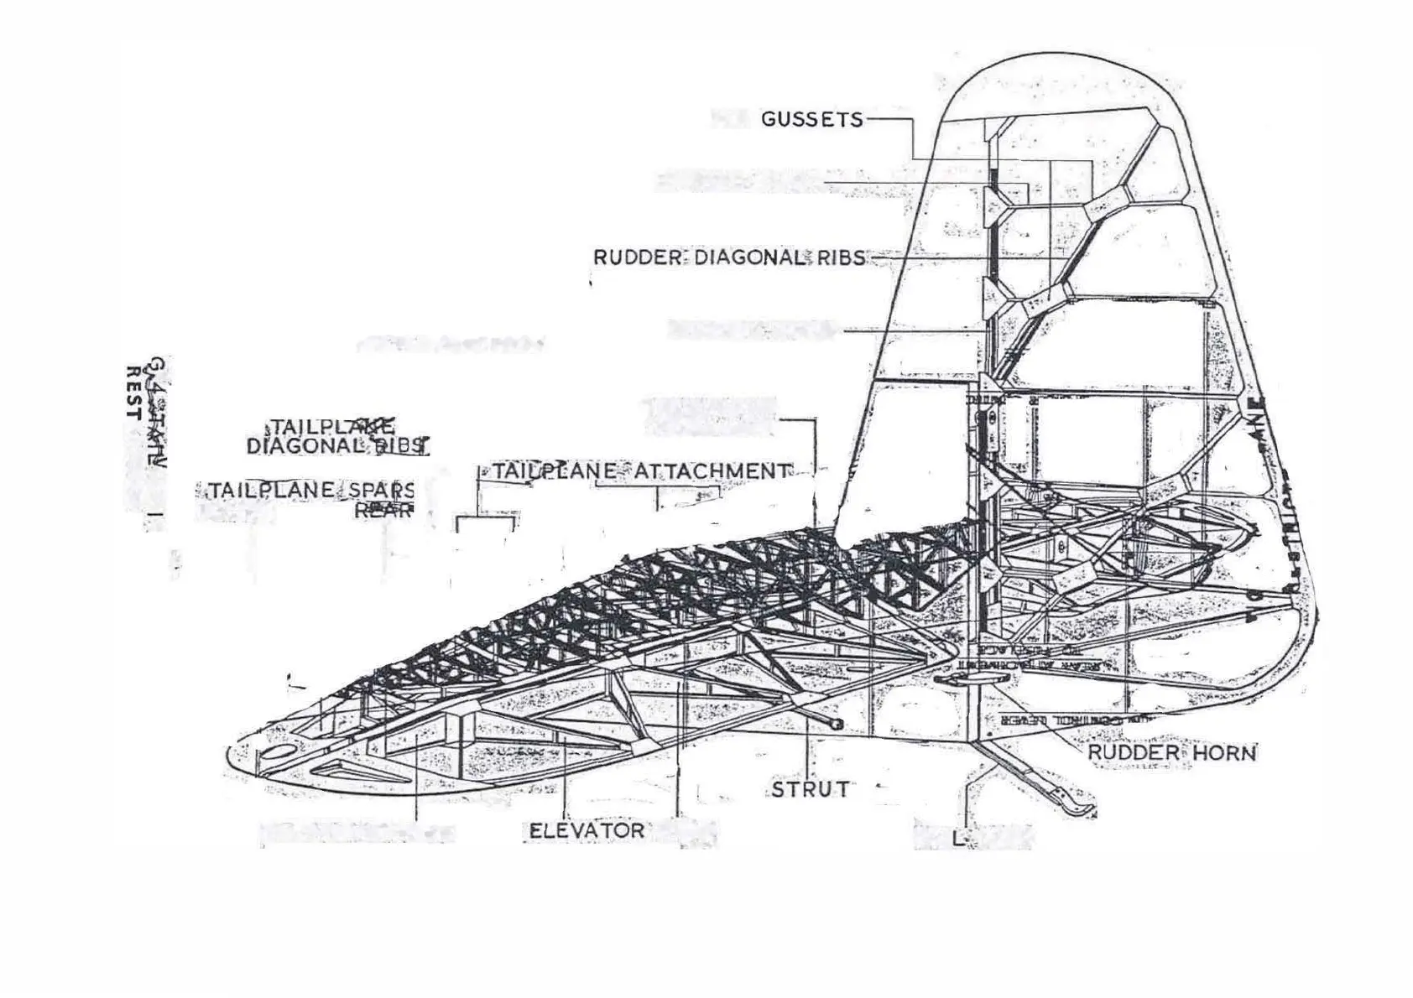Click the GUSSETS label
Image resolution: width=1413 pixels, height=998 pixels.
coord(811,119)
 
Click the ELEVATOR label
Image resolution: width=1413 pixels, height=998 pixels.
coord(587,831)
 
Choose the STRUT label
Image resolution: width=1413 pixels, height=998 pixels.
coord(810,789)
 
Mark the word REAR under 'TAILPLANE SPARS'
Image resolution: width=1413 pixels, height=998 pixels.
coord(384,509)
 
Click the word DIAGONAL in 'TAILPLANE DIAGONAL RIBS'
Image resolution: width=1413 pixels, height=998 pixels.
coord(308,446)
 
